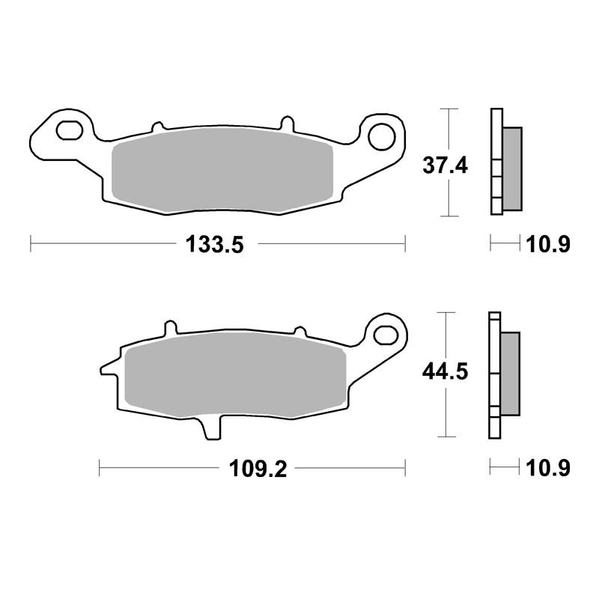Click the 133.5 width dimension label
(x=214, y=244)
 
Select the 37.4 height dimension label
(x=445, y=165)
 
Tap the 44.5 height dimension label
(x=445, y=371)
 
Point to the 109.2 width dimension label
(x=258, y=469)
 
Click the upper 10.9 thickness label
(x=548, y=244)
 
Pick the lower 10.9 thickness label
(x=548, y=468)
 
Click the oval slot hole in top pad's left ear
(x=70, y=130)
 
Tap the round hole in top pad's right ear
(x=382, y=136)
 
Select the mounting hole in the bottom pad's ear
(x=386, y=335)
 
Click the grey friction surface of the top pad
(x=222, y=170)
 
